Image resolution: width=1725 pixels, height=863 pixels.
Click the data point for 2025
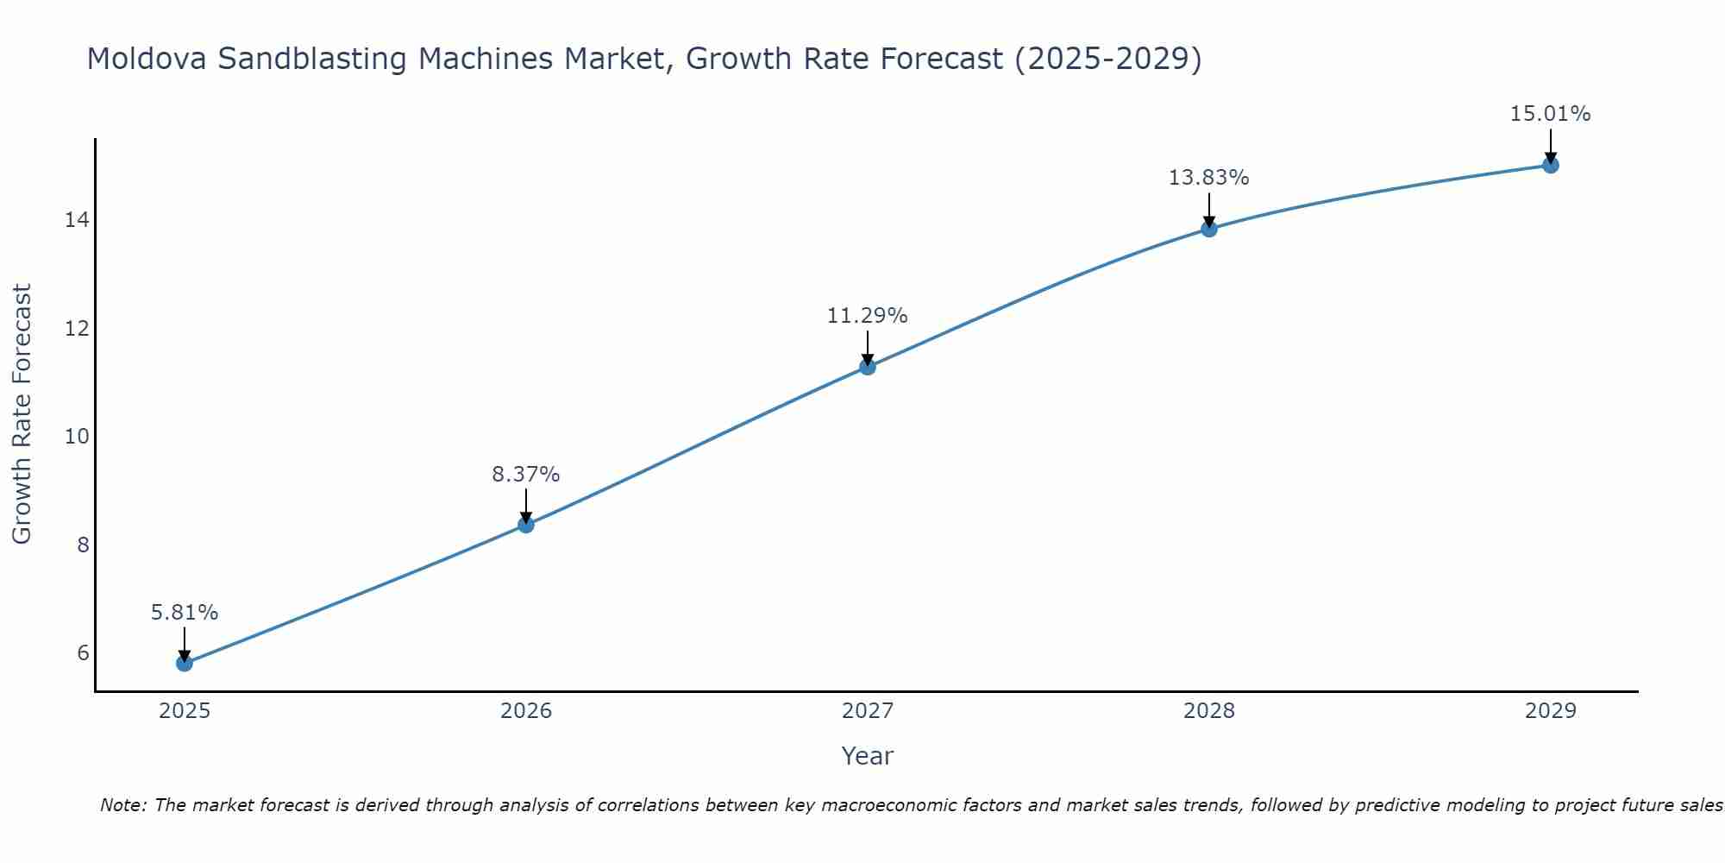click(185, 663)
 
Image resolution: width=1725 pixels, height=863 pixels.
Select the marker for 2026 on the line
click(526, 525)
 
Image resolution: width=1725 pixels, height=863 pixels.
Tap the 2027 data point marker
click(868, 367)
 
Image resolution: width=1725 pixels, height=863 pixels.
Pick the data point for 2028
click(1209, 229)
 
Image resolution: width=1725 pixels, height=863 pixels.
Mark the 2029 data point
click(1551, 165)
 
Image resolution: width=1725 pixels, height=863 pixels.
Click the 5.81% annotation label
click(185, 613)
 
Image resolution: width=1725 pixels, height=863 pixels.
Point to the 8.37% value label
click(526, 475)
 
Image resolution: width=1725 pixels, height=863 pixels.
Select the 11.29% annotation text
click(868, 316)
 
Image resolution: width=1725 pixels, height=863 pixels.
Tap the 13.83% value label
click(1209, 178)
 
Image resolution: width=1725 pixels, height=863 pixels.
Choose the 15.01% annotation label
click(1551, 114)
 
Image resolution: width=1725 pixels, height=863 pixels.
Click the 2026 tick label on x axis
click(526, 711)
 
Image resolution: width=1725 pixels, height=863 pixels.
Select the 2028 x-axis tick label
click(1209, 711)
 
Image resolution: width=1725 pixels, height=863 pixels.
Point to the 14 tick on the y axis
click(77, 220)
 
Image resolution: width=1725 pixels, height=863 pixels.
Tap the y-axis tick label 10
click(77, 437)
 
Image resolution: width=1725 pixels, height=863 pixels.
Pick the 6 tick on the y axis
click(83, 652)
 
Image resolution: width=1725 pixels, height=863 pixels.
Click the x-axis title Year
click(868, 756)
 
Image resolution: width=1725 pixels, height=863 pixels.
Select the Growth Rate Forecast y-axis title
click(22, 414)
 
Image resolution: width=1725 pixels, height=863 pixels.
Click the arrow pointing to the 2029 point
click(1551, 145)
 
